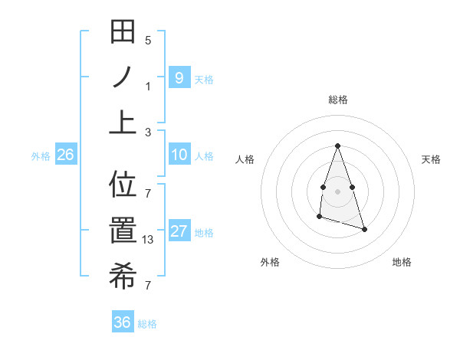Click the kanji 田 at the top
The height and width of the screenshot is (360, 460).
pyautogui.click(x=123, y=33)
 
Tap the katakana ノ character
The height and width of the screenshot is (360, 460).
pyautogui.click(x=123, y=77)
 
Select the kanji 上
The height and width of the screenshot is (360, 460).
pyautogui.click(x=123, y=122)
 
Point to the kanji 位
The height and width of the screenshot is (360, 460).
pyautogui.click(x=123, y=185)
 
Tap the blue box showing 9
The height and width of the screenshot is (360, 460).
pyautogui.click(x=179, y=77)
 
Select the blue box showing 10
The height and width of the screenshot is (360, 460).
pyautogui.click(x=179, y=155)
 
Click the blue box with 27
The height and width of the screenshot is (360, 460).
pyautogui.click(x=179, y=232)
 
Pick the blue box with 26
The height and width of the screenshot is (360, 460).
pyautogui.click(x=65, y=155)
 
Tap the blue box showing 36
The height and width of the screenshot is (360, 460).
pyautogui.click(x=122, y=323)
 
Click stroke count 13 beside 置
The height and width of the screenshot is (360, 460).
pyautogui.click(x=149, y=240)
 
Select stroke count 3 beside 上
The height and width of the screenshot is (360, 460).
pyautogui.click(x=148, y=132)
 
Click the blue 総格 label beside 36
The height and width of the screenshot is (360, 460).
pyautogui.click(x=147, y=324)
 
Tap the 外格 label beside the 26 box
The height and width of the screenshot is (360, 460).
pyautogui.click(x=41, y=156)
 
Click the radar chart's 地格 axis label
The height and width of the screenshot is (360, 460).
pyautogui.click(x=402, y=262)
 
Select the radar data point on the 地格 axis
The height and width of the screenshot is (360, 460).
pyautogui.click(x=364, y=230)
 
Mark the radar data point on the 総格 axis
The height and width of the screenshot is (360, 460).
pyautogui.click(x=337, y=146)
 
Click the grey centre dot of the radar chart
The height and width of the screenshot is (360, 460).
pyautogui.click(x=337, y=191)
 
